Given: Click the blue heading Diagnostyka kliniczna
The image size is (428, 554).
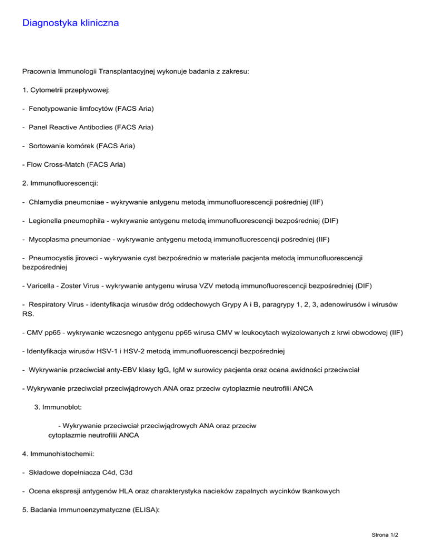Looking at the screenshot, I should (x=70, y=23).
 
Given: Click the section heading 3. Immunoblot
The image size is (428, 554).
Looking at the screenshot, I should (x=60, y=407).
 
